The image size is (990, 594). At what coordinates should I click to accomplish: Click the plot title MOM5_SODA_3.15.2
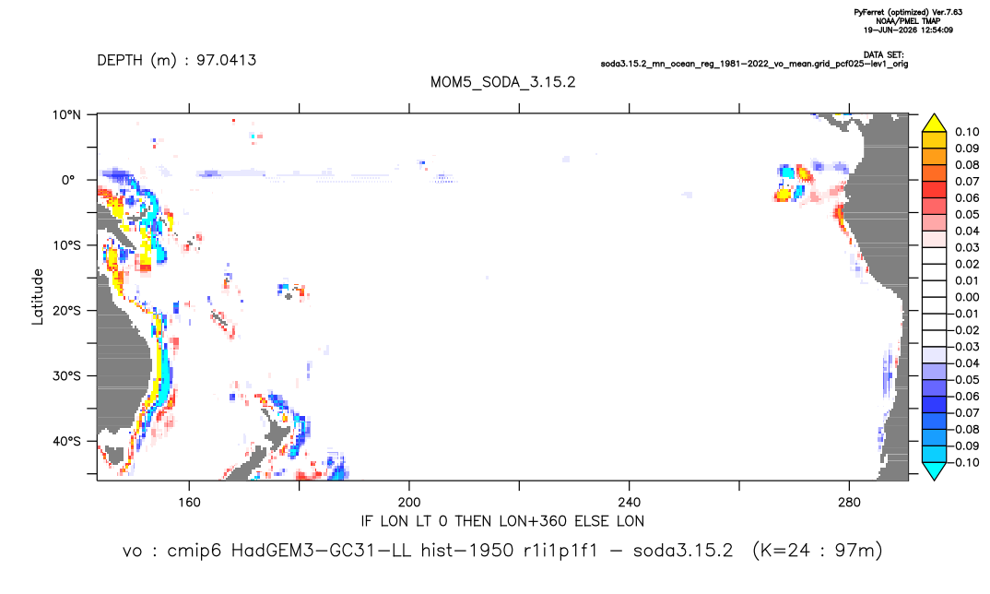click(x=502, y=82)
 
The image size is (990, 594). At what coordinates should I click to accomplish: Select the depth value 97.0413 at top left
click(x=226, y=60)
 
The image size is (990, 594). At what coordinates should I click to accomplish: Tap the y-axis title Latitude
click(x=38, y=296)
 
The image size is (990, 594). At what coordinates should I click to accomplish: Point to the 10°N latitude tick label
click(x=66, y=115)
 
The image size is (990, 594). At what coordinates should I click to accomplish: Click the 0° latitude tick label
click(x=68, y=180)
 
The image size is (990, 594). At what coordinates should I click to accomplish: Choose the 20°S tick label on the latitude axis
click(x=66, y=311)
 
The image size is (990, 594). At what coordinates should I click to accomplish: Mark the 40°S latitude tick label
click(x=66, y=441)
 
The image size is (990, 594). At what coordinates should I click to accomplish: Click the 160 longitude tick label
click(x=189, y=503)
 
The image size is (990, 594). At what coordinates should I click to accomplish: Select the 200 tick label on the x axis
click(x=409, y=503)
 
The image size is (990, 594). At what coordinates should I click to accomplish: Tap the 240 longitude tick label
click(x=629, y=503)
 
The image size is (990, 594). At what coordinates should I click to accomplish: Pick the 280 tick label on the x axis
click(x=849, y=503)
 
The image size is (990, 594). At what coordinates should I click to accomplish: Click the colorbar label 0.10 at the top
click(x=967, y=132)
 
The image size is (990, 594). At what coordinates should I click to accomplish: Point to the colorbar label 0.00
click(x=967, y=297)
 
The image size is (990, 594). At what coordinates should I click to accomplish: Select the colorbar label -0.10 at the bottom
click(x=964, y=462)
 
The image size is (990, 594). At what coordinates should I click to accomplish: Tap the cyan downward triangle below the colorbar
click(x=934, y=470)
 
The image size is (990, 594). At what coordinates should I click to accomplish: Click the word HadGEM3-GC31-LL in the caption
click(x=321, y=551)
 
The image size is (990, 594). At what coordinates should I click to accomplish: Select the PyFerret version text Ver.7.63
click(x=947, y=12)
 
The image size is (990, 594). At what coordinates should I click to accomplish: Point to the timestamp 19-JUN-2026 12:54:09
click(x=909, y=30)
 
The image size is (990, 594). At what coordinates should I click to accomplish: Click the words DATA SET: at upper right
click(x=883, y=55)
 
